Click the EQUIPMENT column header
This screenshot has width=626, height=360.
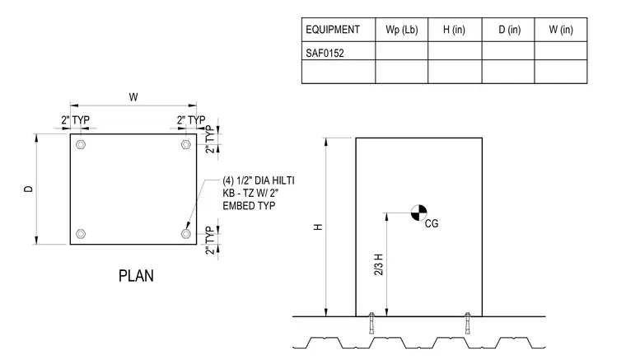(x=333, y=30)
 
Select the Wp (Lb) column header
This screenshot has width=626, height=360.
(x=402, y=30)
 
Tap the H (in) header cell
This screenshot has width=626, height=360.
(x=454, y=30)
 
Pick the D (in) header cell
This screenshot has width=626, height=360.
(x=509, y=30)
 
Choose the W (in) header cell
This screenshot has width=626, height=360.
(x=561, y=30)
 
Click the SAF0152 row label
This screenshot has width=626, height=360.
(x=325, y=53)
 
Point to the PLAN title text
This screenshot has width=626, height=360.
(x=136, y=276)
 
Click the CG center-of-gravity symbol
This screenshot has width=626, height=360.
(x=418, y=213)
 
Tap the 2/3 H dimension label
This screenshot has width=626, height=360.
(x=378, y=264)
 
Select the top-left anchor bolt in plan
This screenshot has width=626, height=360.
(x=81, y=144)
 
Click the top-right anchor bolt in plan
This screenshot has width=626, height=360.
(x=185, y=144)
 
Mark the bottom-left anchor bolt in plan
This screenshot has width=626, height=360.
(x=81, y=233)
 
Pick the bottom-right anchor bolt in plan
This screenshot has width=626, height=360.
(x=185, y=233)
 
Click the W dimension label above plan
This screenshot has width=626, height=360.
(x=133, y=97)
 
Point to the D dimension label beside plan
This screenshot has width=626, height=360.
(x=28, y=189)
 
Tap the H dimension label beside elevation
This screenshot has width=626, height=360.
(x=318, y=227)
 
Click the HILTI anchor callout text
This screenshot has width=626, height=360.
(x=259, y=193)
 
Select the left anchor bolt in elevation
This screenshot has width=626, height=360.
(x=371, y=322)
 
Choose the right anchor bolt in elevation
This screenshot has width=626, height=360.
(x=468, y=322)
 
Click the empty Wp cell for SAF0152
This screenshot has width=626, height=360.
(x=402, y=51)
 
